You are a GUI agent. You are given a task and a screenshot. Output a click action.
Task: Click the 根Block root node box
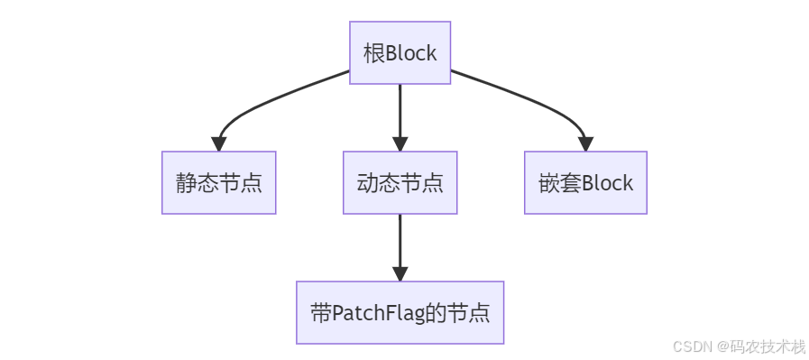tap(400, 53)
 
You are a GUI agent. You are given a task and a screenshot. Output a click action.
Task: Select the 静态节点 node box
tap(218, 183)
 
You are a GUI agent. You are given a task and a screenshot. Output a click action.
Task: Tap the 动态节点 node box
tap(400, 183)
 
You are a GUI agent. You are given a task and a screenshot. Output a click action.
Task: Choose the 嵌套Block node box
tap(585, 183)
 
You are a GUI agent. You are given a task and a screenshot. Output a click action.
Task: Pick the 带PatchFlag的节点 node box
tap(400, 313)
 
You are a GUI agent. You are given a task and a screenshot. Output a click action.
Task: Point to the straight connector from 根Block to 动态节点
tap(400, 108)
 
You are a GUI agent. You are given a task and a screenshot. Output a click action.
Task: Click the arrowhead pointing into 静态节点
tap(218, 144)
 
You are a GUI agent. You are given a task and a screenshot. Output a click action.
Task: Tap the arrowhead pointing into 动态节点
tap(400, 144)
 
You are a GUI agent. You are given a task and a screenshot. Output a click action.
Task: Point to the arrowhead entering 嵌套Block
tap(585, 144)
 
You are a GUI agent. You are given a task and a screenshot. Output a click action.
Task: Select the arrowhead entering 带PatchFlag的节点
tap(400, 274)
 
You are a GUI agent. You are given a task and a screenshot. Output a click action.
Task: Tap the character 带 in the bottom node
tap(320, 313)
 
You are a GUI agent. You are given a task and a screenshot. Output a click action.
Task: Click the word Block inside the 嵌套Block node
tap(607, 183)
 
